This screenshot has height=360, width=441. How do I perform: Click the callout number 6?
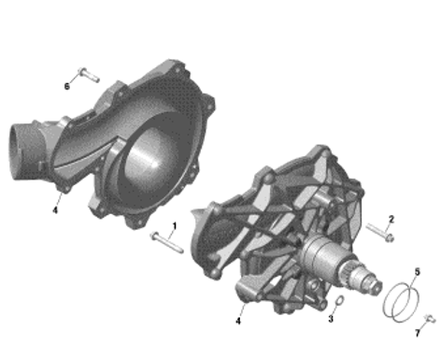[x=66, y=86]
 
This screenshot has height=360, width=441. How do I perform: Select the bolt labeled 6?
[x=89, y=75]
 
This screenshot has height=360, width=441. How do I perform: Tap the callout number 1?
[x=175, y=225]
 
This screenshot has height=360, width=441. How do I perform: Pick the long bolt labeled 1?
[x=167, y=243]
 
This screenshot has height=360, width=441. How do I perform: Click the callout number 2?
[x=391, y=219]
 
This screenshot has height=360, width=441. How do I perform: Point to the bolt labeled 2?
[x=380, y=233]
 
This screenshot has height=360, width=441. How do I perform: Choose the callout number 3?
[x=331, y=319]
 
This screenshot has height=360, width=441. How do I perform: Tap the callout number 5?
[x=417, y=272]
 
